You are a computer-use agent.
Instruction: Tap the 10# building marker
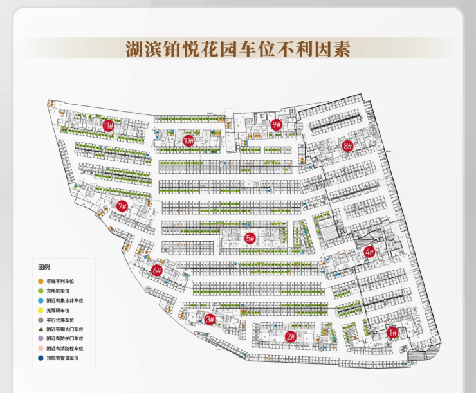pos(188,140)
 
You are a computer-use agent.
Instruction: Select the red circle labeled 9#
pos(277,125)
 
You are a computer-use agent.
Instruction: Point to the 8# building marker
pos(348,145)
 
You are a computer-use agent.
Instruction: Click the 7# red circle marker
pos(122,206)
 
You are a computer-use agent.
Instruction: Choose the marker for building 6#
pos(157,271)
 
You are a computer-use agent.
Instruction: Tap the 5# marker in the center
pos(250,239)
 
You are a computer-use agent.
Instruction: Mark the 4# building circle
pos(369,251)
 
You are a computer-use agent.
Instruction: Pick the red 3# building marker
pos(210,319)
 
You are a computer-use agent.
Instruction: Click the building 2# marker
pos(290,336)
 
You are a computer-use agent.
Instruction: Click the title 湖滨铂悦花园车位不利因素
pos(238,48)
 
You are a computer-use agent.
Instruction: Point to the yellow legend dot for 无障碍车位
pos(41,310)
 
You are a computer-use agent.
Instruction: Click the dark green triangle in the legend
pos(41,329)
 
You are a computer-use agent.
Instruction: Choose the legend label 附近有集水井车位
pos(66,301)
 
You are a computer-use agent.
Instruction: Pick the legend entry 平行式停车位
pos(61,320)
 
